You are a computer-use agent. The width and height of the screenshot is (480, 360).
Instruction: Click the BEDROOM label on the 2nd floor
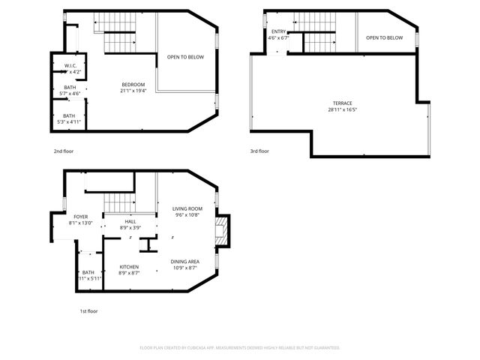tap(132, 84)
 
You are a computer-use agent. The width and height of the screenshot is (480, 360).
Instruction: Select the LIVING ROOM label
tap(187, 209)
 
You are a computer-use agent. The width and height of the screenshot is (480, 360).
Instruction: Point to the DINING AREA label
tap(184, 261)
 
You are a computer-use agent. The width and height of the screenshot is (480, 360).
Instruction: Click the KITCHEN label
tap(129, 267)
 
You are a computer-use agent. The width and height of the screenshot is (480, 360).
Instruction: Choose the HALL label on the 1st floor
tap(130, 221)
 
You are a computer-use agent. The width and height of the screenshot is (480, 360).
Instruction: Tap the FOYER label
tap(80, 217)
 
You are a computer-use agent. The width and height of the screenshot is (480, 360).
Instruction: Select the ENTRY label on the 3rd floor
tap(278, 31)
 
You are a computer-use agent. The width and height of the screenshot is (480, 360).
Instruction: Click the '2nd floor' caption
tap(63, 151)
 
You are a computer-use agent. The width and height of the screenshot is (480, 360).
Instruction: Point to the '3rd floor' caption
tap(259, 151)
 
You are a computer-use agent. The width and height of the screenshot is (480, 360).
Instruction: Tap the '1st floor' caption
tap(88, 310)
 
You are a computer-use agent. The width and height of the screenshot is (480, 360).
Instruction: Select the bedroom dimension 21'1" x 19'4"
tap(132, 90)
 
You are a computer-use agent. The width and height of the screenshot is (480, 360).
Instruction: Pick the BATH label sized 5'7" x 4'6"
tap(70, 88)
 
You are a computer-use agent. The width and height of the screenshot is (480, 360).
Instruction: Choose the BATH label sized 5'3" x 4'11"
tap(69, 115)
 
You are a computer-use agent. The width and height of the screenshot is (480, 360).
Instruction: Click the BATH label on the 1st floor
tap(88, 272)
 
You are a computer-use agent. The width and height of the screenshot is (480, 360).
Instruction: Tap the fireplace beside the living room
tap(222, 230)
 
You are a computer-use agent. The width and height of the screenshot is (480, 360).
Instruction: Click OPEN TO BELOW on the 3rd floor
tap(385, 38)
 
